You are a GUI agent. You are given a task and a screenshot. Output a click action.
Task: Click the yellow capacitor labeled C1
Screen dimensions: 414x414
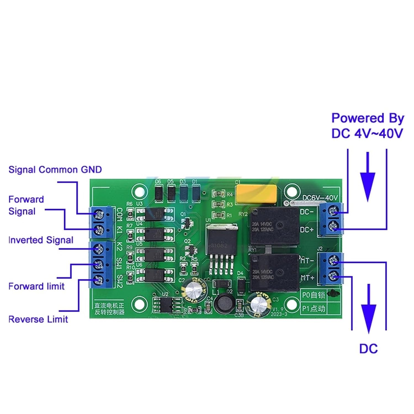click(256, 193)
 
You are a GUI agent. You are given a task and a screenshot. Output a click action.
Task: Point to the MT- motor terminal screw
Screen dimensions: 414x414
click(334, 260)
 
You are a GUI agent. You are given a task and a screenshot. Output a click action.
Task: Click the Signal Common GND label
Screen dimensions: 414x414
click(55, 169)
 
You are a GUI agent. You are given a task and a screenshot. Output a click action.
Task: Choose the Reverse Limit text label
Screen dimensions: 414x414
click(38, 319)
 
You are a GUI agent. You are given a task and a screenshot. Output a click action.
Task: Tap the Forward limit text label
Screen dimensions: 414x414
click(36, 286)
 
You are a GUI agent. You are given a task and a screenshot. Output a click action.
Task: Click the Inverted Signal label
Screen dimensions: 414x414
click(41, 240)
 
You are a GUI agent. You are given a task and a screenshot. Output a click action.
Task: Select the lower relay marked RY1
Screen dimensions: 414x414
click(274, 273)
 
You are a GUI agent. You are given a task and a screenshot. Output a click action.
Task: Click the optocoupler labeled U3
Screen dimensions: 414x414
click(155, 214)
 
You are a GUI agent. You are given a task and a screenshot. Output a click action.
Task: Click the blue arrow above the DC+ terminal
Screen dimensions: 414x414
click(367, 177)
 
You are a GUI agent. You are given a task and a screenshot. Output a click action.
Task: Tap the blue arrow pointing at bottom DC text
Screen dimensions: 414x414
click(368, 309)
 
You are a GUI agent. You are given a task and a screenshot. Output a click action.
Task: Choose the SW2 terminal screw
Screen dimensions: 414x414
click(98, 280)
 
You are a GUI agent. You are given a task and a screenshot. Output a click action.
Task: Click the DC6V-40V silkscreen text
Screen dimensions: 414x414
click(320, 198)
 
